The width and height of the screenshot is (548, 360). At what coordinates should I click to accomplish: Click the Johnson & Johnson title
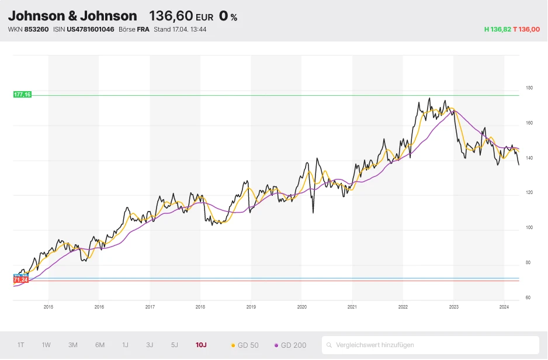pos(72,16)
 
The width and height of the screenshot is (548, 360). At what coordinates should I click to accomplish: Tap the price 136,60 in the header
pos(171,16)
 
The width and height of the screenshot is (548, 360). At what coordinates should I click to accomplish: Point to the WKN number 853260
pos(36,29)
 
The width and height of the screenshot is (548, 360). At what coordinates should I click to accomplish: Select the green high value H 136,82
pos(497,29)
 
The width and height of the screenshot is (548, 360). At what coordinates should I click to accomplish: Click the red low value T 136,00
pos(526,29)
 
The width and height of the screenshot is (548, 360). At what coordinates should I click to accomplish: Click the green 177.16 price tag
pos(22,94)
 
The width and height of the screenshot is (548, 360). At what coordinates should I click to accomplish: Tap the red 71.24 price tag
pos(20,281)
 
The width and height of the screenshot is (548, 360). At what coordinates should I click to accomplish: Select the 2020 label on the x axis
pos(301,306)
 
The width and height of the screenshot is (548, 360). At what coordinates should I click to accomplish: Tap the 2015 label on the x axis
pos(48,306)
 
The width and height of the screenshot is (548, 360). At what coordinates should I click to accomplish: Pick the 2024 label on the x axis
pos(504,306)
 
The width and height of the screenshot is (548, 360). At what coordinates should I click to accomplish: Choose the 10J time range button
pos(201,345)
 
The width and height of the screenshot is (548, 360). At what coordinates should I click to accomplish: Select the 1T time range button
pos(21,345)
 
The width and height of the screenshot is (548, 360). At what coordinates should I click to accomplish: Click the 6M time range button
pos(100,345)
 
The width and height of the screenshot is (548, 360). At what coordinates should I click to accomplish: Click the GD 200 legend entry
pos(290,345)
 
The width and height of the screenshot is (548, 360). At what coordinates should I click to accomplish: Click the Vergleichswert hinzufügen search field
pos(430,345)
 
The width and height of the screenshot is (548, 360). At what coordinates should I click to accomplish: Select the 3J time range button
pos(150,345)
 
